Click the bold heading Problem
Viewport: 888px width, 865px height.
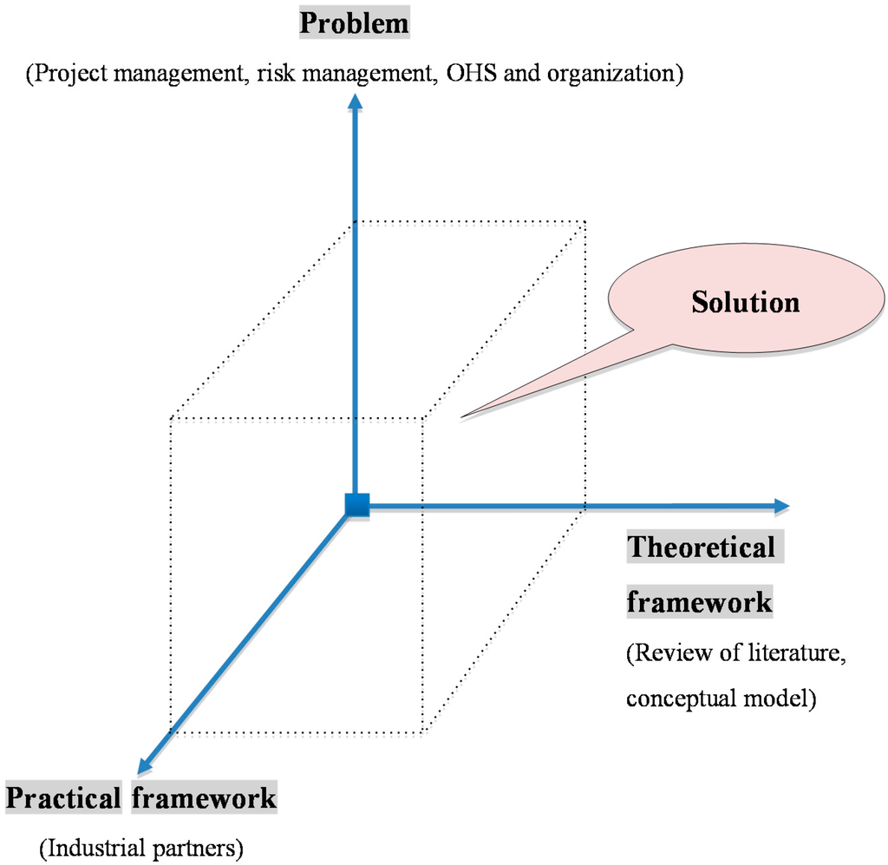354,23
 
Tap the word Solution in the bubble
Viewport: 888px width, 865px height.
745,302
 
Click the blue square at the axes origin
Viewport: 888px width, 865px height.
356,505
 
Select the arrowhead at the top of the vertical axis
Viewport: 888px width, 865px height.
354,102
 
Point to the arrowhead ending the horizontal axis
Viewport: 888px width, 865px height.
780,505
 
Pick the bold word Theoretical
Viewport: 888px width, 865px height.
701,547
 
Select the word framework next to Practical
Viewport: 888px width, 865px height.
204,796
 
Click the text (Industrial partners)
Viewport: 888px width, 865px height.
141,846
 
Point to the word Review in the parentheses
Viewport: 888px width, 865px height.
663,653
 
